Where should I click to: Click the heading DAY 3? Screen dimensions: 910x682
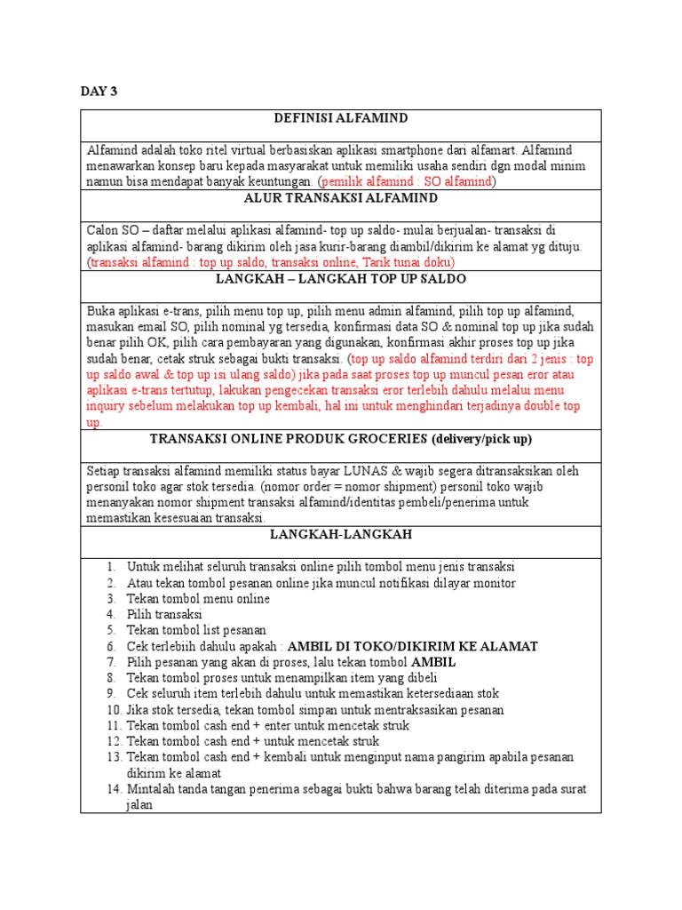(x=99, y=92)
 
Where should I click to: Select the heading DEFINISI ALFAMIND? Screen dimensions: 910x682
(x=340, y=118)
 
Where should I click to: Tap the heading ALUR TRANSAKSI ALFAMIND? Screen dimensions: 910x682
(x=340, y=198)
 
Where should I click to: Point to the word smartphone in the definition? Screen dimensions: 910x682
(x=417, y=149)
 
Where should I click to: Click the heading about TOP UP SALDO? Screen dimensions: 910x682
(x=340, y=278)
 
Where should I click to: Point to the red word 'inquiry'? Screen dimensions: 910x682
(x=107, y=407)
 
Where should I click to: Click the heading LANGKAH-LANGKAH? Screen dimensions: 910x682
(x=340, y=535)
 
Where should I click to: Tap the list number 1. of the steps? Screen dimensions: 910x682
(x=110, y=567)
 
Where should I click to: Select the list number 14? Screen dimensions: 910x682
(x=109, y=789)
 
